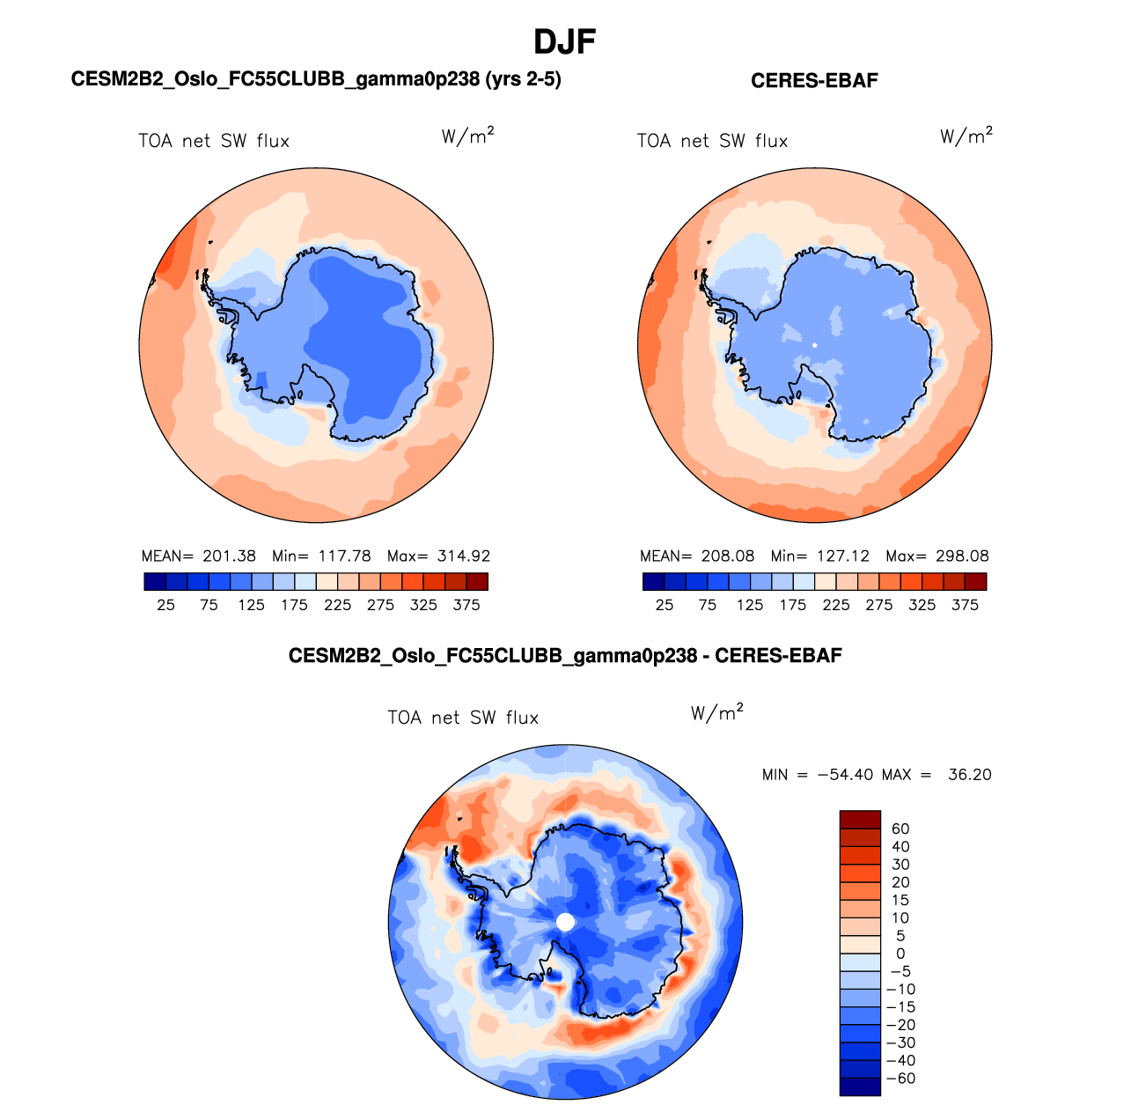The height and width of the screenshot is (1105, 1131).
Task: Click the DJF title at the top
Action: (565, 41)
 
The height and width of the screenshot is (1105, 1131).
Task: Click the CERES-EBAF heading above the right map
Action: (814, 81)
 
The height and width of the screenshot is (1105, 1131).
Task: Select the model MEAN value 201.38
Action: (229, 556)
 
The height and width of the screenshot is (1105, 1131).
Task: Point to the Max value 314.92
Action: (463, 556)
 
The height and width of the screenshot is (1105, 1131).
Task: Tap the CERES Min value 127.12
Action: (842, 556)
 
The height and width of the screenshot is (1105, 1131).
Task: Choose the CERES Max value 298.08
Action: (962, 556)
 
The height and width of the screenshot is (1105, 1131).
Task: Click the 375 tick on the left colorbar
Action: (466, 605)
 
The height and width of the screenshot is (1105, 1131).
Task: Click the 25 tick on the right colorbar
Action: (665, 605)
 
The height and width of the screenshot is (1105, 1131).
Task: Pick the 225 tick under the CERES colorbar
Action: (836, 605)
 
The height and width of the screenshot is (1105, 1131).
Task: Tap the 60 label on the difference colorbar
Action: (900, 829)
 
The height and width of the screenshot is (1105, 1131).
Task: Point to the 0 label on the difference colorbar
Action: (900, 954)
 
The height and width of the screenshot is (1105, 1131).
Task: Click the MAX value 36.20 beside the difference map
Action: (969, 775)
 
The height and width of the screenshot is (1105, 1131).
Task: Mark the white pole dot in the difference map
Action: (566, 922)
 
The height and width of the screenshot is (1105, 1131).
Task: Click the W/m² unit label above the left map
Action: (467, 136)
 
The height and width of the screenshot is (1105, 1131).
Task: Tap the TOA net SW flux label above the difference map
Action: (463, 718)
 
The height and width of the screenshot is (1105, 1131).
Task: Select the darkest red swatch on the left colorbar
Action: (477, 581)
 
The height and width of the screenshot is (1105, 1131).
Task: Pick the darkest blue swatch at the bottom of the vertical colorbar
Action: (860, 1087)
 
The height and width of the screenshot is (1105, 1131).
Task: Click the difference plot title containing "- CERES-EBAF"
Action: (565, 656)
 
